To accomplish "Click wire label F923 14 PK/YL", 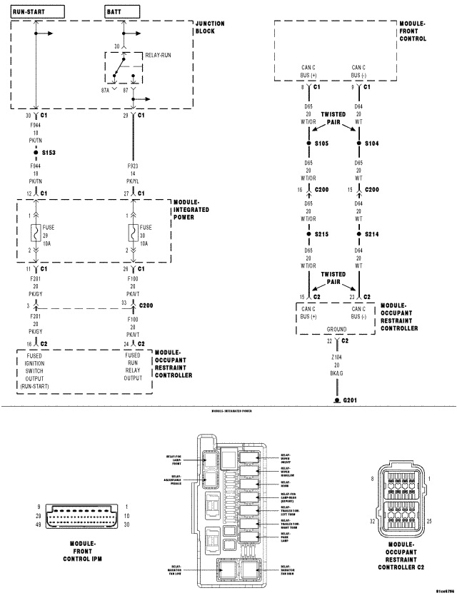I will (x=133, y=171).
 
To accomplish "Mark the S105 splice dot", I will (x=308, y=143).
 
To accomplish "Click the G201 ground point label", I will (x=351, y=400).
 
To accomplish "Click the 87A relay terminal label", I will (x=105, y=90).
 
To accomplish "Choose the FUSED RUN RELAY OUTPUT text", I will (x=133, y=365).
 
